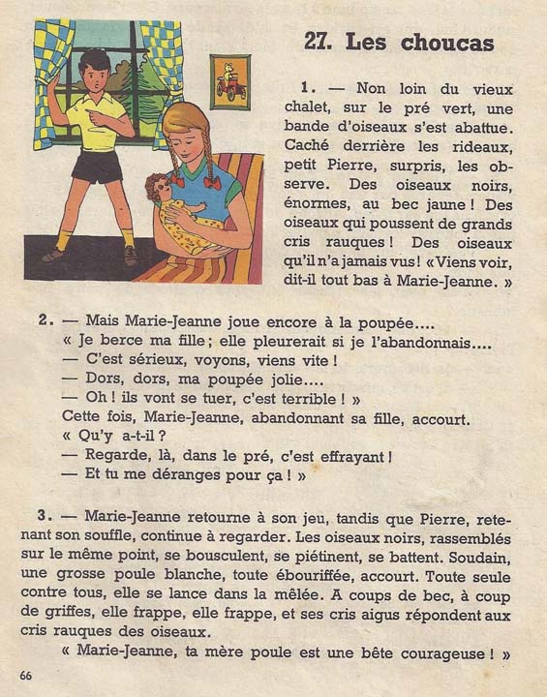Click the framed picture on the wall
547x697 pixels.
[229, 81]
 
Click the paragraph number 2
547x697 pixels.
[45, 319]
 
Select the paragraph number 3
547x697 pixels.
[45, 516]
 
